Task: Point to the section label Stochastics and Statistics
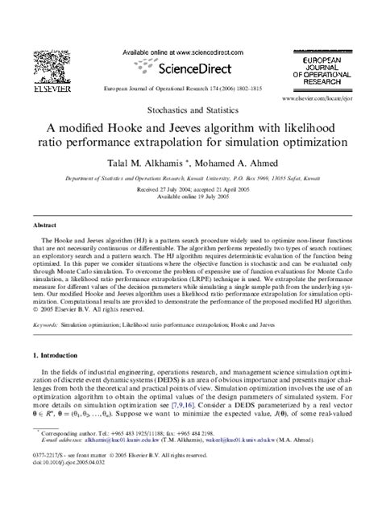coord(191,108)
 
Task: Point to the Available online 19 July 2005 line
coord(191,197)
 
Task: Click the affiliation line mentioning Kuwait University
coord(191,180)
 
